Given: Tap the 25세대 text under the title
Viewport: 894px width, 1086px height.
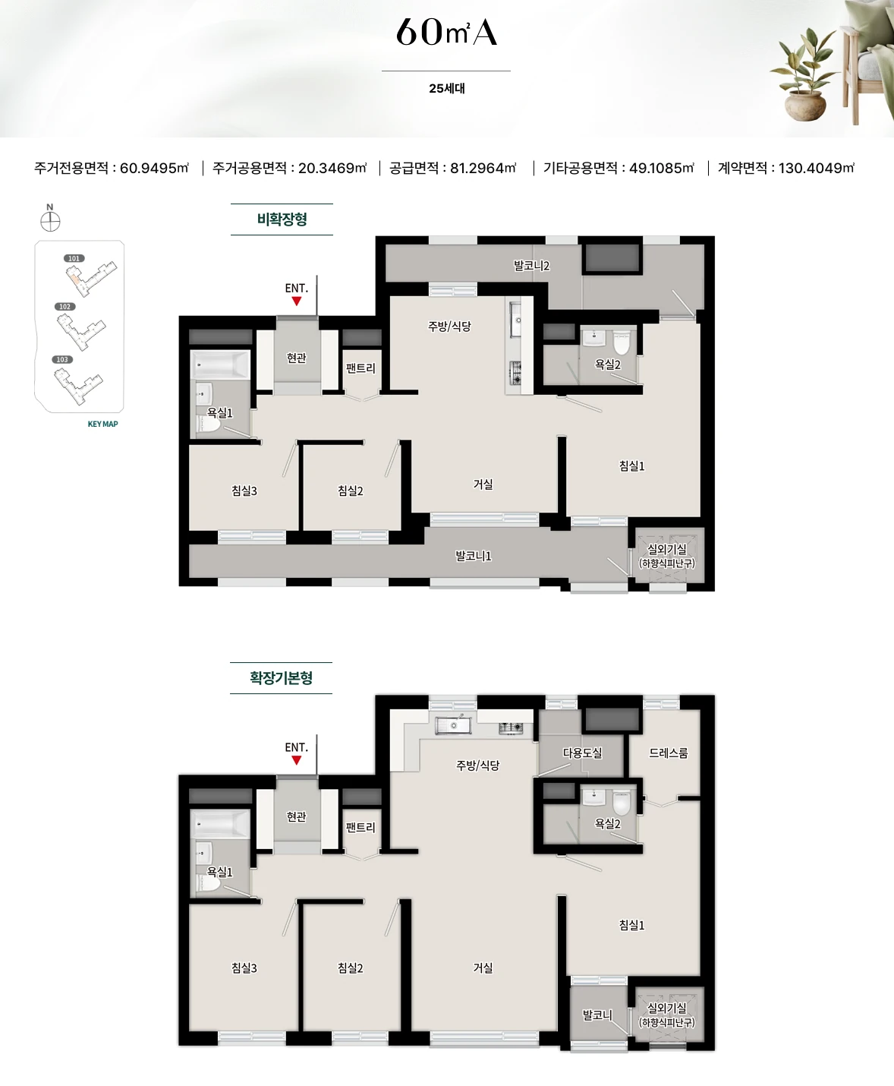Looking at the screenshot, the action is pos(447,88).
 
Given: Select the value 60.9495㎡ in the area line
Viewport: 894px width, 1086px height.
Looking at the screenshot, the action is pos(154,168).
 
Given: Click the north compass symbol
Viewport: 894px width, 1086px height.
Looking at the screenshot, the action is pos(50,222).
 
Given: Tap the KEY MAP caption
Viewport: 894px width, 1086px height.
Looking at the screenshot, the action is pos(103,424).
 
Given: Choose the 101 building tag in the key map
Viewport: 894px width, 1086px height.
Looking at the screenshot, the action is pos(74,258).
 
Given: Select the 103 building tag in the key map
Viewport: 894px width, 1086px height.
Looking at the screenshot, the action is pos(62,359).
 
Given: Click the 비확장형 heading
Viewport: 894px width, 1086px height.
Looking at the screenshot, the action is pos(282,219).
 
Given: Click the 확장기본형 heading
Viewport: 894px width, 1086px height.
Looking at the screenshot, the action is pos(282,677).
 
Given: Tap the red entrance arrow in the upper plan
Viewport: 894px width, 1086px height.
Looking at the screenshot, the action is pos(296,301).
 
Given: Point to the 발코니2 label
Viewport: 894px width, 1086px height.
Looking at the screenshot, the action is pos(531,266).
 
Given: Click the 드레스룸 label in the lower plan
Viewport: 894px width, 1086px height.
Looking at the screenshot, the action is pos(669,753).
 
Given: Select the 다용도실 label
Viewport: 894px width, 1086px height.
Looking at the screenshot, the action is pos(582,753).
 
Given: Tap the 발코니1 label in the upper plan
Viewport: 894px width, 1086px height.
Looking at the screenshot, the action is pos(473,556).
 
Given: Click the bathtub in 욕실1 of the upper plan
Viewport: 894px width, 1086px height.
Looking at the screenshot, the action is pos(220,364).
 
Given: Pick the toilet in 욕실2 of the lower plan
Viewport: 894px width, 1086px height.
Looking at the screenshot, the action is pos(621,803).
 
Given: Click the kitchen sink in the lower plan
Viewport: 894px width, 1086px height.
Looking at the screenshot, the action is pos(454,725).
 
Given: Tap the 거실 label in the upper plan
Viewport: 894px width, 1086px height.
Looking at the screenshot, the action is pos(483,485).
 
